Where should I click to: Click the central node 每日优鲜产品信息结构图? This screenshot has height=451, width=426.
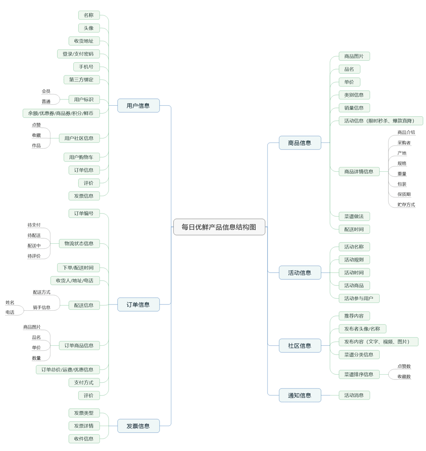coord(219,227)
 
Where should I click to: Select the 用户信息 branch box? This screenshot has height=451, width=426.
coord(138,106)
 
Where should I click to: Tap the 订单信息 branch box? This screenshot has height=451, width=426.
coord(138,305)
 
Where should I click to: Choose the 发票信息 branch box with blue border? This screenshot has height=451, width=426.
coord(138,426)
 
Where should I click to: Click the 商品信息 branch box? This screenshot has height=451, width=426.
coord(300,143)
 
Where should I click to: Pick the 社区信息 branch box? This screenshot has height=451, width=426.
coord(300,345)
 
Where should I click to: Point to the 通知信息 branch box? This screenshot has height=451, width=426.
coord(300,395)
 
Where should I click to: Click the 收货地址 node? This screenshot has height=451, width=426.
coord(84,41)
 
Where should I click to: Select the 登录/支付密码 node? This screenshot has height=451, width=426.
coord(78,54)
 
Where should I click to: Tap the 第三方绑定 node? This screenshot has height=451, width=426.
coord(81,79)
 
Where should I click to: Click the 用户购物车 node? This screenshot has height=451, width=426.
coord(81,157)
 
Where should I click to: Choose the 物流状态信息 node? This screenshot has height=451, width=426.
coord(79,243)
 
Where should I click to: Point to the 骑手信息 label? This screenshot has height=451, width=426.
coord(42,307)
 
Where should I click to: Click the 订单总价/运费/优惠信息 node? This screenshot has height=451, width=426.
coord(68,369)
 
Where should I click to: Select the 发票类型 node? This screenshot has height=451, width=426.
coord(84,413)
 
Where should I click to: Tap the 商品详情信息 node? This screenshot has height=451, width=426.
coord(359,171)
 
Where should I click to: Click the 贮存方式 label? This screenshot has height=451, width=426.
coord(406,205)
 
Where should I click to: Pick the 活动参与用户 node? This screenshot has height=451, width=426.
coord(359,298)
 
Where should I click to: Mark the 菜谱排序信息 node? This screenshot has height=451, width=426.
coord(359,374)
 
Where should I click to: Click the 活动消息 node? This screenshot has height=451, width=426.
coord(354,395)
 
